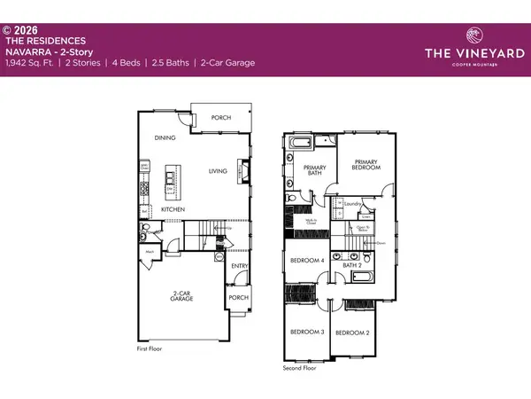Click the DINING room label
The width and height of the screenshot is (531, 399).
click(164, 138)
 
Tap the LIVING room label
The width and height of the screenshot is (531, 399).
click(219, 171)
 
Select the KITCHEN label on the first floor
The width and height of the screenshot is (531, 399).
click(173, 209)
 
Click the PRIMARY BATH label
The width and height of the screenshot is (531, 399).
click(315, 172)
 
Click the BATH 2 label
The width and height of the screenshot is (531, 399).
click(354, 264)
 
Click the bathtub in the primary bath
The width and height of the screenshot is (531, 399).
click(297, 143)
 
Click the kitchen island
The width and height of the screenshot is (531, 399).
click(173, 181)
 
